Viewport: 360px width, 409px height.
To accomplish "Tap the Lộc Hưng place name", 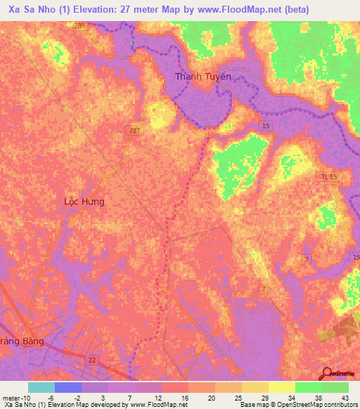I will [84, 202].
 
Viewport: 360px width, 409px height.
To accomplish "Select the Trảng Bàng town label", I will [22, 341].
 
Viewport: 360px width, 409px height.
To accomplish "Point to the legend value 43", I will [345, 397].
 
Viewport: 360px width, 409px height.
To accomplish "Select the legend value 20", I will [212, 397].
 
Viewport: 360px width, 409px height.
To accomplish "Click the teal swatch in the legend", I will [41, 387].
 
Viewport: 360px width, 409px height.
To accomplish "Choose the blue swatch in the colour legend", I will [68, 387].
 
